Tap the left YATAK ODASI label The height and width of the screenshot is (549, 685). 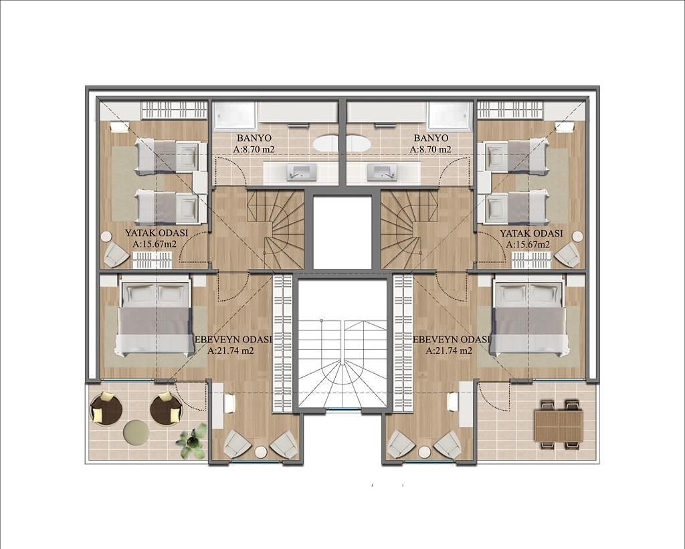pyautogui.click(x=156, y=233)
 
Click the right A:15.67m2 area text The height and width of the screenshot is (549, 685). pyautogui.click(x=528, y=245)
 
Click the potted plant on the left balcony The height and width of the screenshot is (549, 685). pyautogui.click(x=192, y=441)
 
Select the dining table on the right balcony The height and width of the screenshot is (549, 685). pyautogui.click(x=559, y=425)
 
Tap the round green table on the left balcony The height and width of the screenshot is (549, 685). pyautogui.click(x=136, y=433)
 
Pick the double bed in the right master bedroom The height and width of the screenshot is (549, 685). pyautogui.click(x=529, y=318)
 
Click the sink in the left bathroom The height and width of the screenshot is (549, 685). pyautogui.click(x=302, y=173)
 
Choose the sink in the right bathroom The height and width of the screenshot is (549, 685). pyautogui.click(x=383, y=173)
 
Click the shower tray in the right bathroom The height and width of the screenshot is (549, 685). pyautogui.click(x=450, y=116)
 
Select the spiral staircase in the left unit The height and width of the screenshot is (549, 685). pyautogui.click(x=276, y=228)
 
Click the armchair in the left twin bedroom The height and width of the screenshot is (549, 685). pyautogui.click(x=116, y=254)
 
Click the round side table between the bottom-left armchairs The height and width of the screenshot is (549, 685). pyautogui.click(x=261, y=452)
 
